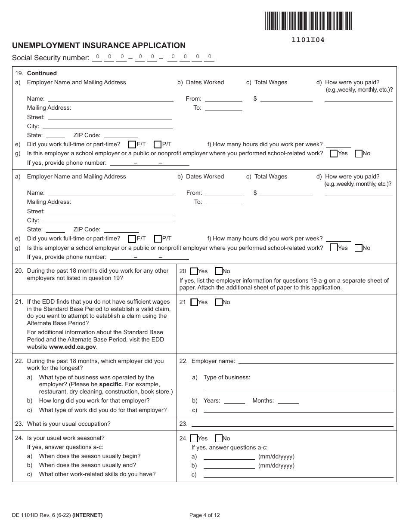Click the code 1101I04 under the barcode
click(x=308, y=40)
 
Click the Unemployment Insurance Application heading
click(x=99, y=46)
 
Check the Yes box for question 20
click(x=194, y=271)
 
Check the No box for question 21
click(x=219, y=302)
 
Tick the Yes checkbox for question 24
click(x=194, y=439)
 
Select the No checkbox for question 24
click(x=219, y=439)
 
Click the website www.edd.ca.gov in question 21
click(x=73, y=347)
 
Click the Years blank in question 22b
click(x=234, y=401)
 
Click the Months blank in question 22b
click(x=288, y=401)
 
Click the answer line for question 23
click(x=292, y=424)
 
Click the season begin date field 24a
click(x=229, y=456)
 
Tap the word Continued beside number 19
click(x=42, y=73)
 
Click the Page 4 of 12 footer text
click(x=204, y=515)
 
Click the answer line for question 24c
click(x=298, y=474)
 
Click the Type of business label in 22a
click(x=226, y=377)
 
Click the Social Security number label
click(x=51, y=58)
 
